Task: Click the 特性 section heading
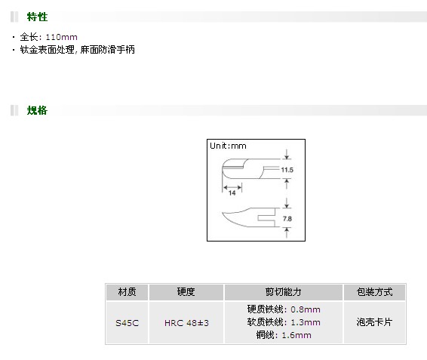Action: tap(37, 17)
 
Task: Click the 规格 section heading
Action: tap(37, 110)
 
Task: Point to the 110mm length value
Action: tap(61, 37)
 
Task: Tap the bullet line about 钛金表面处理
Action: tap(78, 50)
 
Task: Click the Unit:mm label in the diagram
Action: tap(228, 146)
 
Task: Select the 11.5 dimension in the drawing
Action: tap(287, 170)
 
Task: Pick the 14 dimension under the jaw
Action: tap(232, 193)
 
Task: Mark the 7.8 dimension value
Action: tap(287, 219)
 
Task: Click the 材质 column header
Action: tap(127, 292)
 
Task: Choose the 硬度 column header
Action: tap(186, 292)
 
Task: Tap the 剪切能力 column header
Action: tap(283, 292)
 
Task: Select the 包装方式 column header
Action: tap(374, 292)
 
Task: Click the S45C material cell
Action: tap(127, 323)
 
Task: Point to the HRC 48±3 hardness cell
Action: tap(186, 323)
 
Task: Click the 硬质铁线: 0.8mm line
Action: tap(284, 309)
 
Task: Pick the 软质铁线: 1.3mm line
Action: tap(284, 322)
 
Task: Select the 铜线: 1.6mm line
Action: tap(284, 335)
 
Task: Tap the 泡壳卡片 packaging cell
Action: tap(374, 322)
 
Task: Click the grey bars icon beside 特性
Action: tap(14, 17)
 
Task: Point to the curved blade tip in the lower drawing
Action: tap(223, 213)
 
